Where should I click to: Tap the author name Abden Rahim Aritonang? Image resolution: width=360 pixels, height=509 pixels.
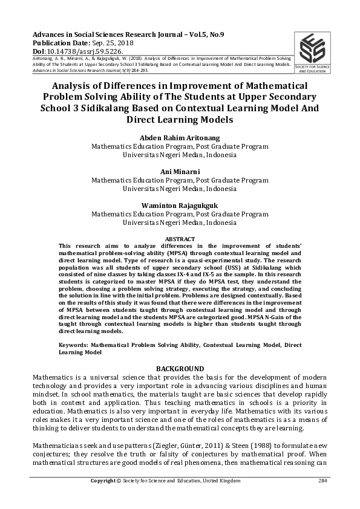[x=180, y=137]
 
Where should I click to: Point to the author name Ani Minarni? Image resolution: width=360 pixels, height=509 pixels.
[x=180, y=172]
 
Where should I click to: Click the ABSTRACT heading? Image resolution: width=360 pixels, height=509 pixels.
[x=180, y=239]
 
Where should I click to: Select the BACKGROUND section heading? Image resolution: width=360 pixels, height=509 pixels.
[x=180, y=369]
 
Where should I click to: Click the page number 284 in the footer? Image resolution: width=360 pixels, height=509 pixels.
[x=323, y=481]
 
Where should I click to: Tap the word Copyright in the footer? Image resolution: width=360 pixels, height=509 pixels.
[x=102, y=481]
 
